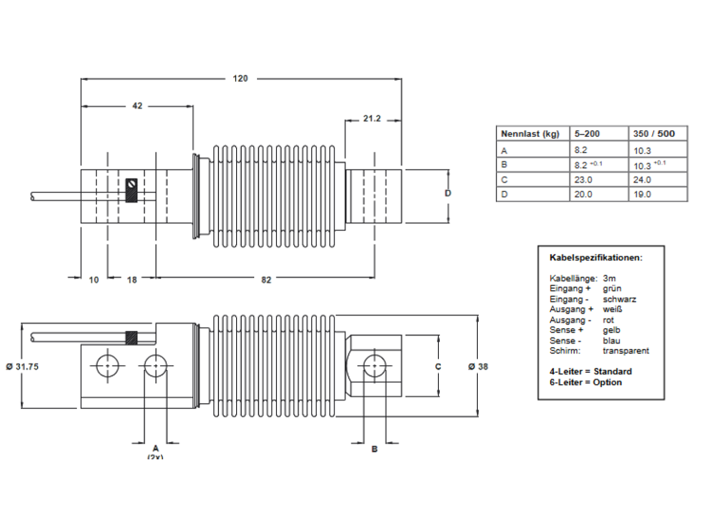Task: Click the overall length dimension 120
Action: coord(240,79)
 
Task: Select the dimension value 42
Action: coord(137,107)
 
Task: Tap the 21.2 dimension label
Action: coord(372,119)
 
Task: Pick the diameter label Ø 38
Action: coord(484,366)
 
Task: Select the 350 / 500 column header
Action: coord(655,134)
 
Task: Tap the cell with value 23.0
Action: coord(583,179)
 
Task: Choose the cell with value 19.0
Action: coord(642,195)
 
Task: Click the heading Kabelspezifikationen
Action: coord(595,257)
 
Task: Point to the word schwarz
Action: coord(619,299)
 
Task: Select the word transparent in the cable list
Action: coord(626,350)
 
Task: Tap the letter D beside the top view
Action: coord(448,194)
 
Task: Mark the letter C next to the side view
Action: coord(438,365)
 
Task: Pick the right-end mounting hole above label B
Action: coord(375,364)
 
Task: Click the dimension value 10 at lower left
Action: coord(93,279)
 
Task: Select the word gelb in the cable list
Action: coord(612,329)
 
